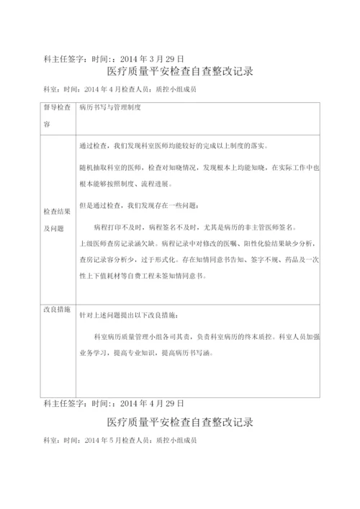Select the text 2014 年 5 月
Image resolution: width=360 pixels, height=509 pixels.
pos(104,438)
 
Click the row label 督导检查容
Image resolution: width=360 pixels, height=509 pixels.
pos(57,115)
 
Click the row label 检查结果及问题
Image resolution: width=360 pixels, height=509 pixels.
pos(57,220)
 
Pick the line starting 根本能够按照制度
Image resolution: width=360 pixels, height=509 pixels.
pos(145,184)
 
